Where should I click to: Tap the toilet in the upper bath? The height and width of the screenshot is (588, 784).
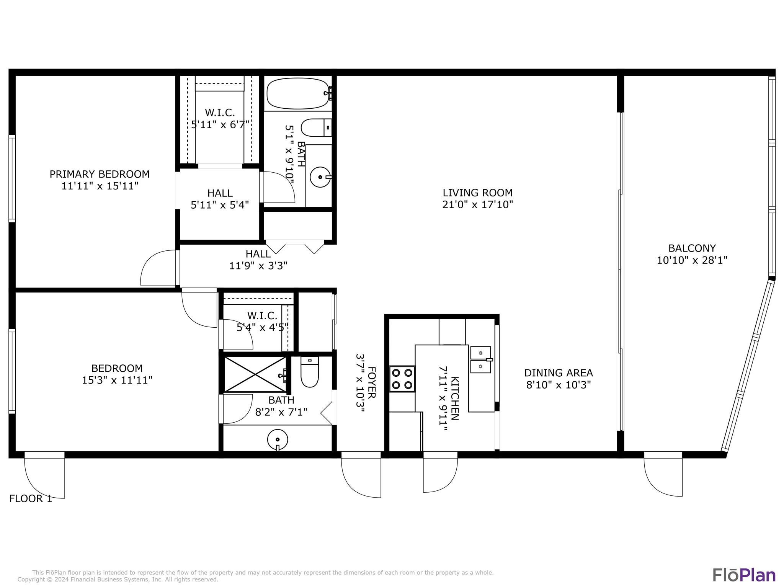(316, 127)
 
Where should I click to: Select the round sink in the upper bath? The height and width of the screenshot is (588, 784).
(320, 177)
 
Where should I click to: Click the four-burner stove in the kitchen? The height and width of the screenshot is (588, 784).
(402, 379)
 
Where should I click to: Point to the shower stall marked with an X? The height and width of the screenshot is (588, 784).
(255, 374)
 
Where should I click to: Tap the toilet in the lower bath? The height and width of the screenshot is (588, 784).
(309, 372)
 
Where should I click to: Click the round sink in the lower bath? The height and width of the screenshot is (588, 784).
(278, 440)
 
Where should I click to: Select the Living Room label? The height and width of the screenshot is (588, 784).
(477, 193)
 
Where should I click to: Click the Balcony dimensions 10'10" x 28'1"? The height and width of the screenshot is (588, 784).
(692, 260)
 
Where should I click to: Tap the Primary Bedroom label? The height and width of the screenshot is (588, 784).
(100, 174)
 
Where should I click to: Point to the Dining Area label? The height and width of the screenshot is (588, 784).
(559, 373)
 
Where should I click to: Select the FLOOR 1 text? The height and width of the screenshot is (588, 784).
(31, 498)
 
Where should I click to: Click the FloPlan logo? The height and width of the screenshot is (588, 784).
(744, 575)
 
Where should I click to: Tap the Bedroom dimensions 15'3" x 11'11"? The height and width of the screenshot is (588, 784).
(117, 380)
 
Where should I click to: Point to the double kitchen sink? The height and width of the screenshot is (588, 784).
(480, 359)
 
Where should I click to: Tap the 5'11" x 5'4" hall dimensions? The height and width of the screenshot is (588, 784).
(220, 205)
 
